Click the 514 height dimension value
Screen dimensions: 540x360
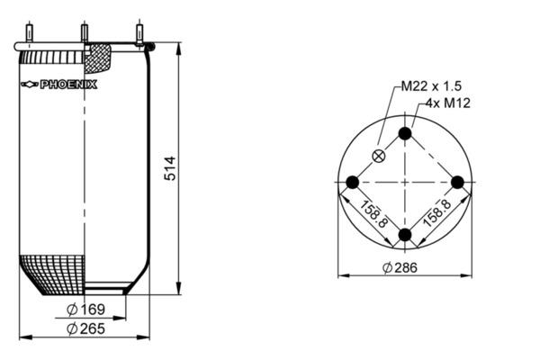(170, 168)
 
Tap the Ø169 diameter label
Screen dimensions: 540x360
(85, 310)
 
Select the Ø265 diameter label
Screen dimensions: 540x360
(85, 328)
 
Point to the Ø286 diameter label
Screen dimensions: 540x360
(400, 267)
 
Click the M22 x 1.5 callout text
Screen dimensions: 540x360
(431, 85)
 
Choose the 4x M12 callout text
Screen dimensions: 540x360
(448, 103)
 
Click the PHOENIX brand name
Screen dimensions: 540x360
(69, 85)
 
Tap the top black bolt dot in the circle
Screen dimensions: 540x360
(405, 133)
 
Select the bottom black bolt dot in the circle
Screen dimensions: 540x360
(405, 235)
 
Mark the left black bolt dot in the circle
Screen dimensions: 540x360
(352, 182)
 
